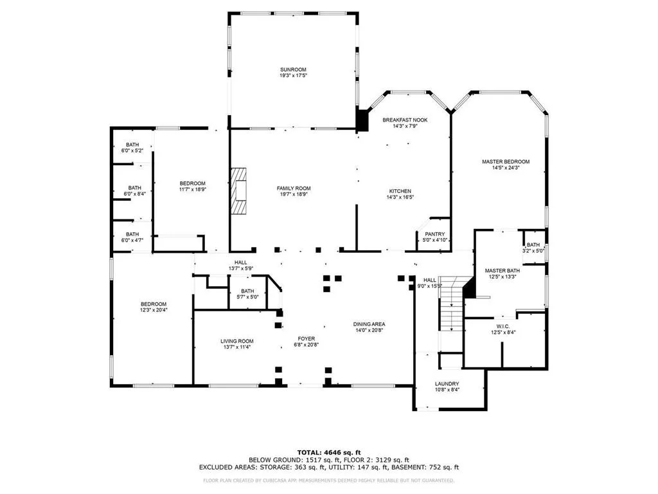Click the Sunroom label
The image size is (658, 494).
click(292, 69)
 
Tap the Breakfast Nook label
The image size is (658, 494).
click(405, 120)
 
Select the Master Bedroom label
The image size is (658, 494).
click(506, 161)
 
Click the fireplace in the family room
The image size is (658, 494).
click(239, 191)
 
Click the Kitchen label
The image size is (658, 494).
click(400, 191)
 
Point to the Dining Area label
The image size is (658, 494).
click(369, 324)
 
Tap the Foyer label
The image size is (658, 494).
click(305, 338)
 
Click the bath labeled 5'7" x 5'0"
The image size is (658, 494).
click(247, 291)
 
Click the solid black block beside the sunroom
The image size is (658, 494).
click(363, 121)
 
